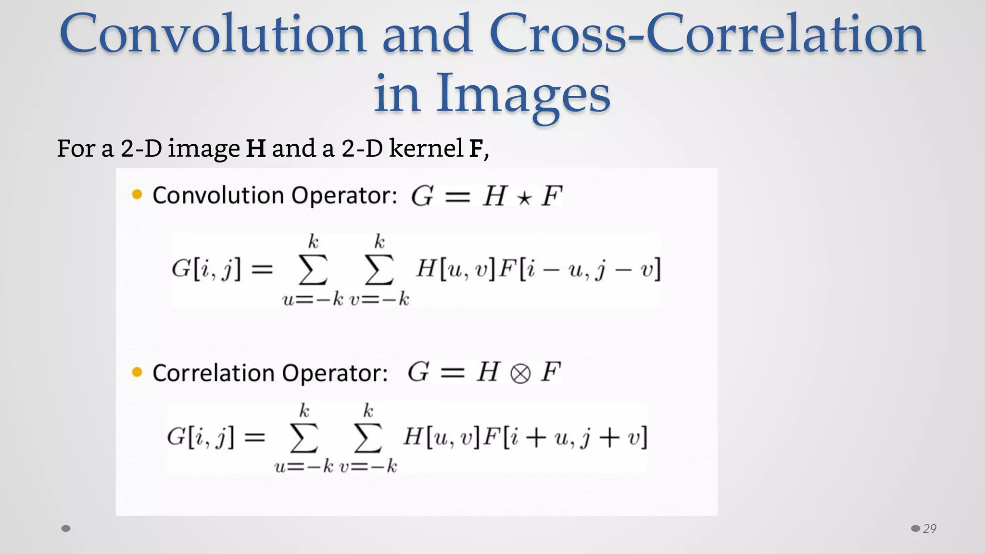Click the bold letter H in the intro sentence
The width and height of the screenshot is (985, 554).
(255, 149)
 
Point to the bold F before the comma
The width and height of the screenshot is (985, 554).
(476, 149)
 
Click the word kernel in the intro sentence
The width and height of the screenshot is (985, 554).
(426, 148)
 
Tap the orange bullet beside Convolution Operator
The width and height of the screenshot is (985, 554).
(137, 194)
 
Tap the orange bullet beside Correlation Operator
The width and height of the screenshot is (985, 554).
(137, 372)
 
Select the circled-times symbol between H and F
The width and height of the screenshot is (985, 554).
(520, 374)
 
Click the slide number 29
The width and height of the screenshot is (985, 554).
(930, 529)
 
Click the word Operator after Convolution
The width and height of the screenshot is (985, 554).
(344, 196)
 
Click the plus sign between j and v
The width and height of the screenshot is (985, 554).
(609, 438)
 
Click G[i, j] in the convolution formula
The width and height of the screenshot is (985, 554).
(206, 269)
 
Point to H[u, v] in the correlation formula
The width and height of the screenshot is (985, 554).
(441, 437)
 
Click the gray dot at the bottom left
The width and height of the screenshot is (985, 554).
(66, 529)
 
